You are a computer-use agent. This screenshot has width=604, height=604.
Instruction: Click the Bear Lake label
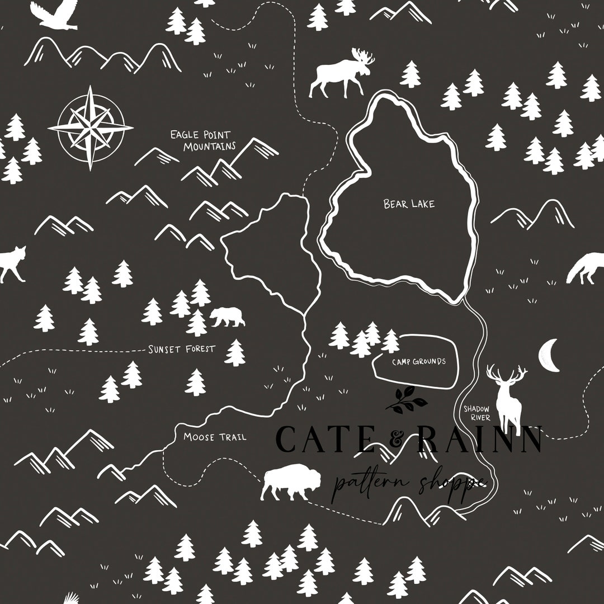tap(409, 204)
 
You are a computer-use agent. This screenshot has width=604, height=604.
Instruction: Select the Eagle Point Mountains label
tap(202, 140)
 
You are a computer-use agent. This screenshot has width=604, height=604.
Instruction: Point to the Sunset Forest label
tap(181, 350)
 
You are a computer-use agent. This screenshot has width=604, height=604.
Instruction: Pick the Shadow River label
tap(476, 413)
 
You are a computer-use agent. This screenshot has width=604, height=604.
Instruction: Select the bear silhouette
tap(227, 317)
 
